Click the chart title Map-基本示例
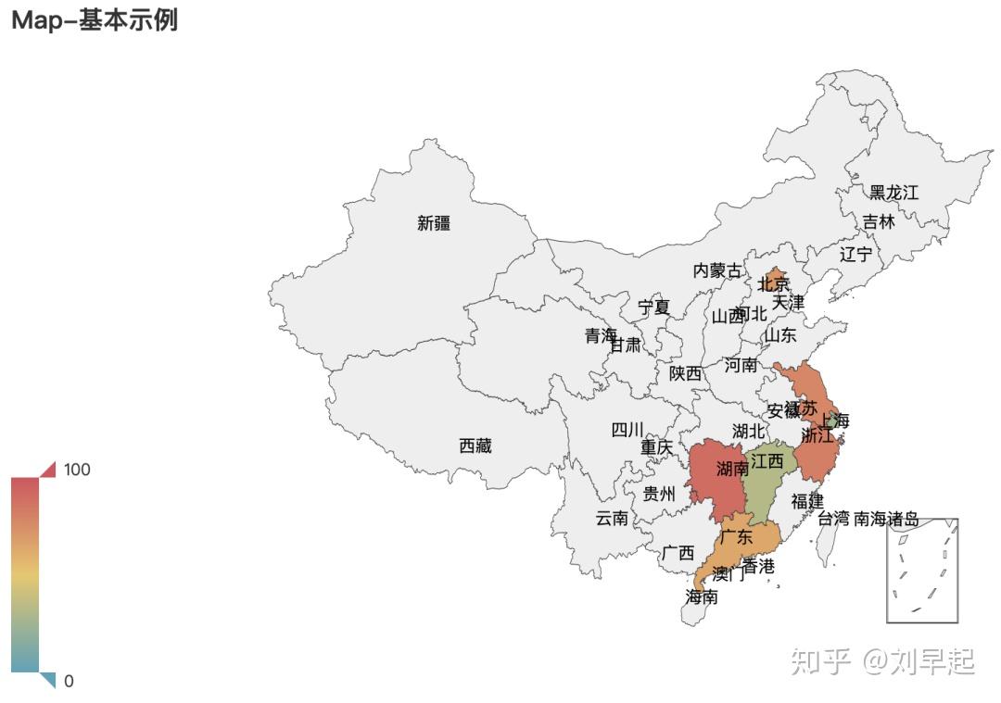coord(94,20)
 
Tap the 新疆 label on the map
coord(434,223)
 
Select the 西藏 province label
coord(475,446)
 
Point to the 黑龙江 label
coord(893,193)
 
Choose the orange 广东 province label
coord(736,537)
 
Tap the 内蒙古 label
coord(717,270)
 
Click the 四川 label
coord(627,430)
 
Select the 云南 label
coord(611,518)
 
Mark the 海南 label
coord(701,597)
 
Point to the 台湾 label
coord(833,519)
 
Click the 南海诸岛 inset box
coord(921,571)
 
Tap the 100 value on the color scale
coord(77,470)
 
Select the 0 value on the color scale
coord(69,682)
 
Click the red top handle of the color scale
coord(48,469)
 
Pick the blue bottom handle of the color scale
coord(48,681)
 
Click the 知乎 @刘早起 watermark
coord(881,661)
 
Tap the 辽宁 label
coord(855,254)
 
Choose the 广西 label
coord(678,553)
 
